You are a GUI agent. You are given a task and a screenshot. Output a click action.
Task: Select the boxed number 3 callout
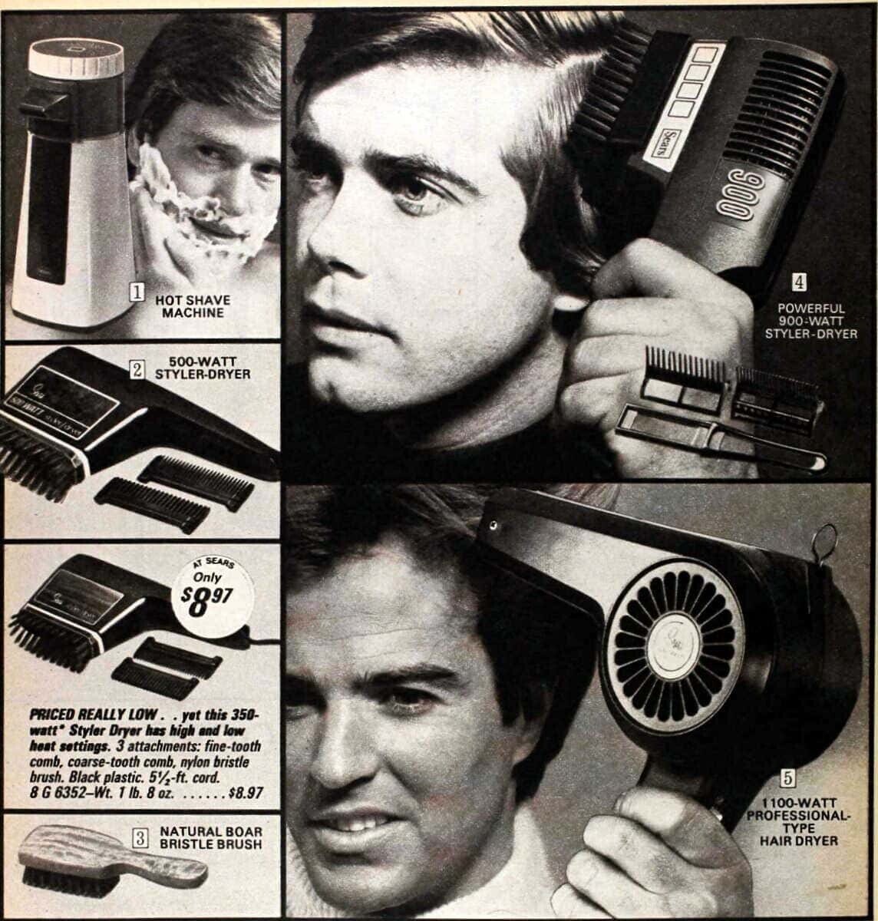point(140,838)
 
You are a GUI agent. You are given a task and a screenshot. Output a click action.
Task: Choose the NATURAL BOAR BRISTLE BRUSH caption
point(211,837)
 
